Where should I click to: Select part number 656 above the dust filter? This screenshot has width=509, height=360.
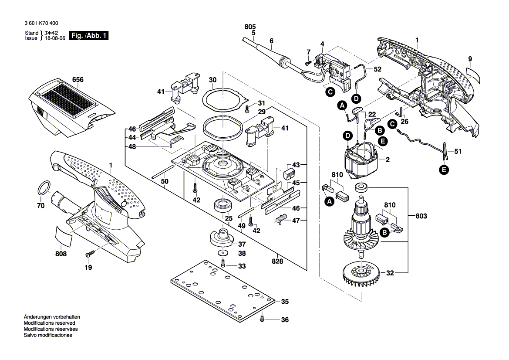78,80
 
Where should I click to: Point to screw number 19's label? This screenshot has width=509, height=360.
88,268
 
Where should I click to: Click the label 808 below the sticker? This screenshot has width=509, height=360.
61,254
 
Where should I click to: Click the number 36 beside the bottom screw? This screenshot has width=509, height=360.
285,320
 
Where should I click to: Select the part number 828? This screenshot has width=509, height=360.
277,262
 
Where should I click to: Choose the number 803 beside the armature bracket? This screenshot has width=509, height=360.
421,216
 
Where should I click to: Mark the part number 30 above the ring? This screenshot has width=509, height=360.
212,80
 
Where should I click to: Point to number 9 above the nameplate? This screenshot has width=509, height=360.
470,59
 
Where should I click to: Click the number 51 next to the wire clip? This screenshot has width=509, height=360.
458,152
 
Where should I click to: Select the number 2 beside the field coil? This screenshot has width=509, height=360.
388,160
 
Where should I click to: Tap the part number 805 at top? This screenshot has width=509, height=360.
250,27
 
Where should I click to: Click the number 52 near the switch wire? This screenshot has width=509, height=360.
377,69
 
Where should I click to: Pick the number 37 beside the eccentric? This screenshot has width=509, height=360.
242,244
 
